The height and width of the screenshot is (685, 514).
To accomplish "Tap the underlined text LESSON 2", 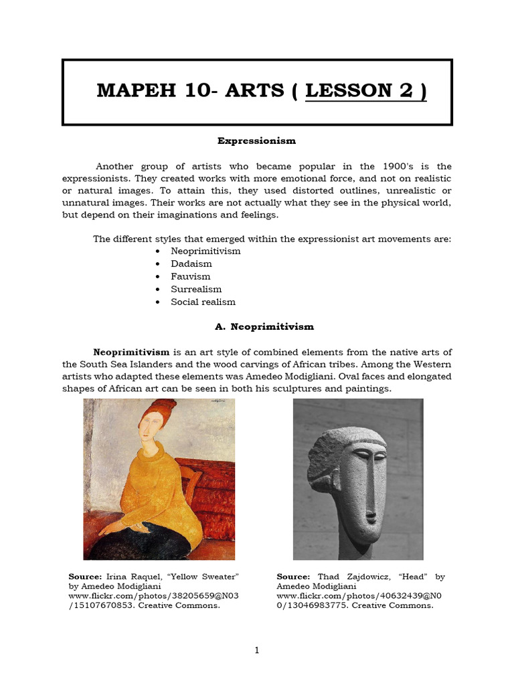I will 365,91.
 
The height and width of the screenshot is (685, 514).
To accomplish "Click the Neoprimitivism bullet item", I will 205,251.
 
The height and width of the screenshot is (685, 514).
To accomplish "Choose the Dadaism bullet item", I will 191,264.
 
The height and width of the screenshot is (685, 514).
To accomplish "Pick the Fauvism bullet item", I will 190,276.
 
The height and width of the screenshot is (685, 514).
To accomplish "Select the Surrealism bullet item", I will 196,289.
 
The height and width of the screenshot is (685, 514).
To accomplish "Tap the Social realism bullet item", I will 203,302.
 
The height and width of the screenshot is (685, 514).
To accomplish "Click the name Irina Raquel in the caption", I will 128,577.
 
